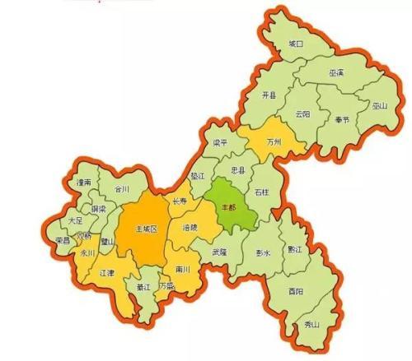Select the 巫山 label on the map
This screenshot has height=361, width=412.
[379, 105]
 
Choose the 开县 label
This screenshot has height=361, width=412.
[269, 95]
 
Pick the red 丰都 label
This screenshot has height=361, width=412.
[227, 206]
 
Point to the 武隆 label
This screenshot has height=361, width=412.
[219, 252]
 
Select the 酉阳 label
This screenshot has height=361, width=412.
[296, 291]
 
